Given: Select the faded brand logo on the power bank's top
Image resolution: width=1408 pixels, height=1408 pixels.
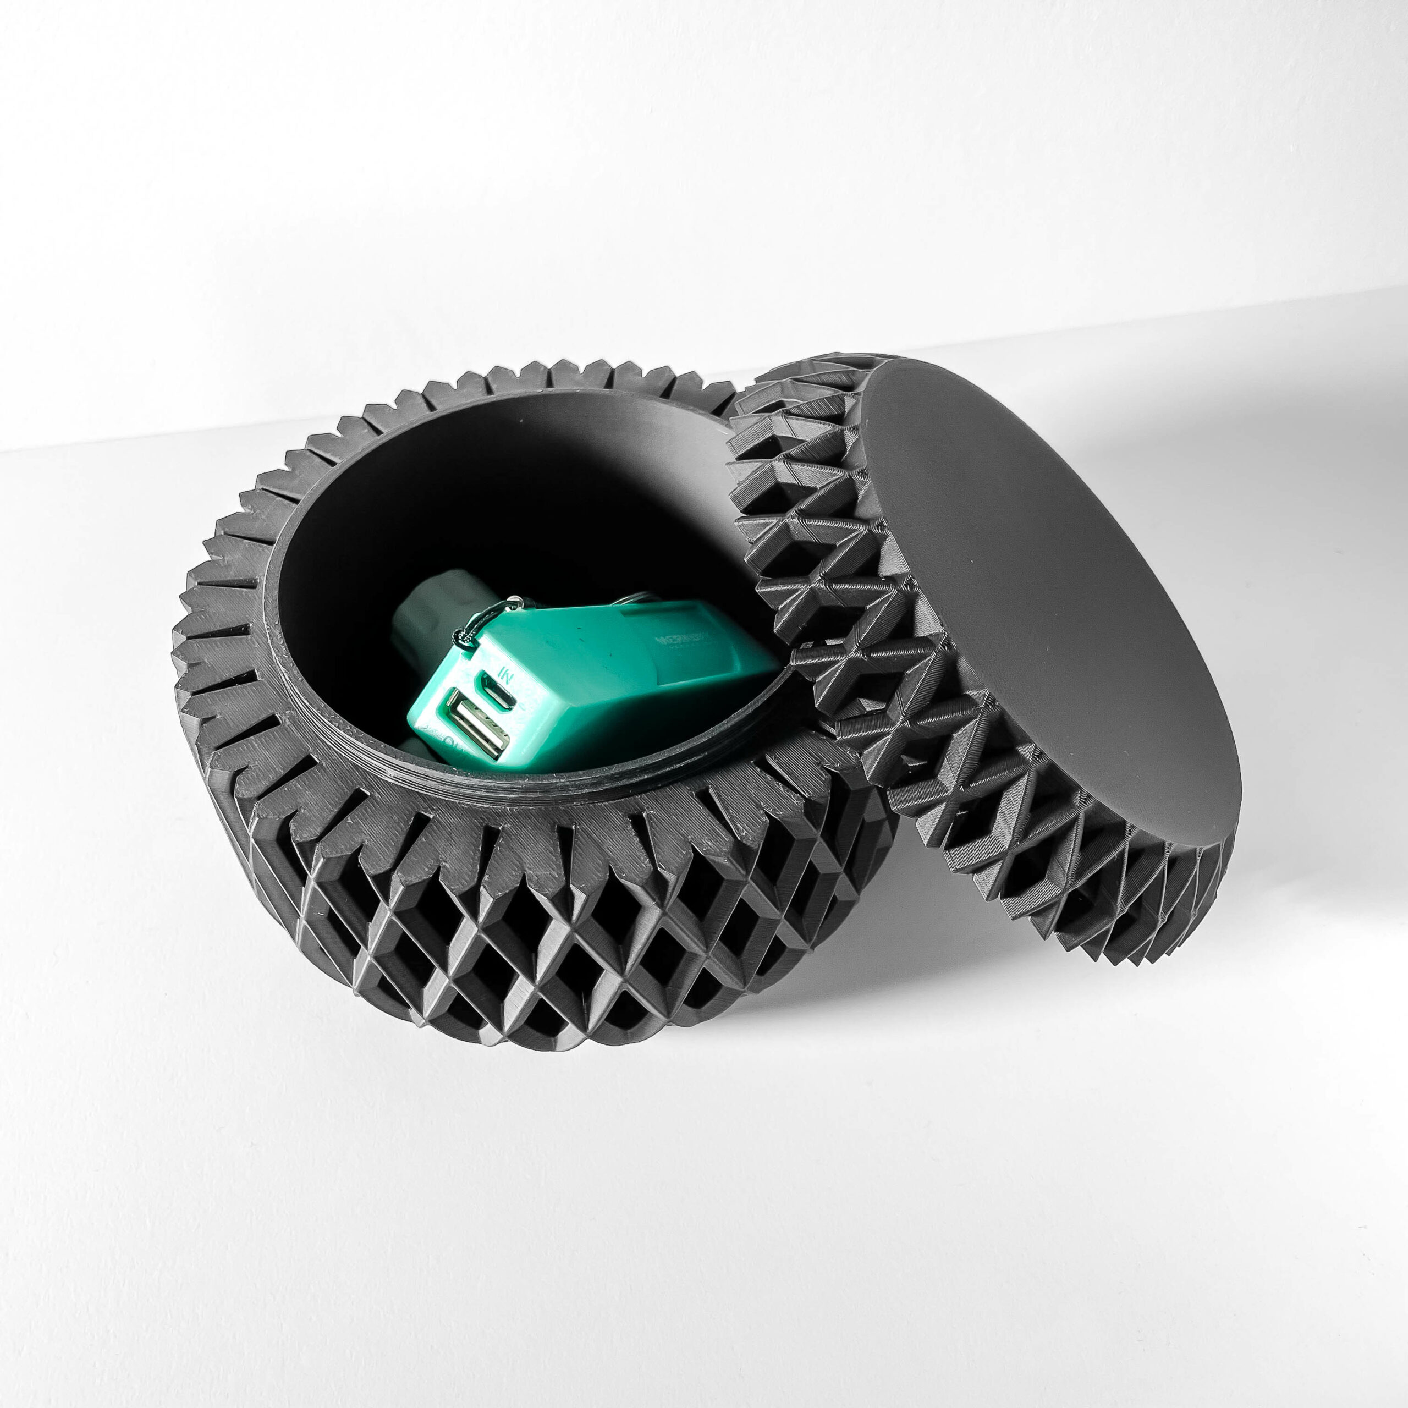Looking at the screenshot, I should coord(682,642).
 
